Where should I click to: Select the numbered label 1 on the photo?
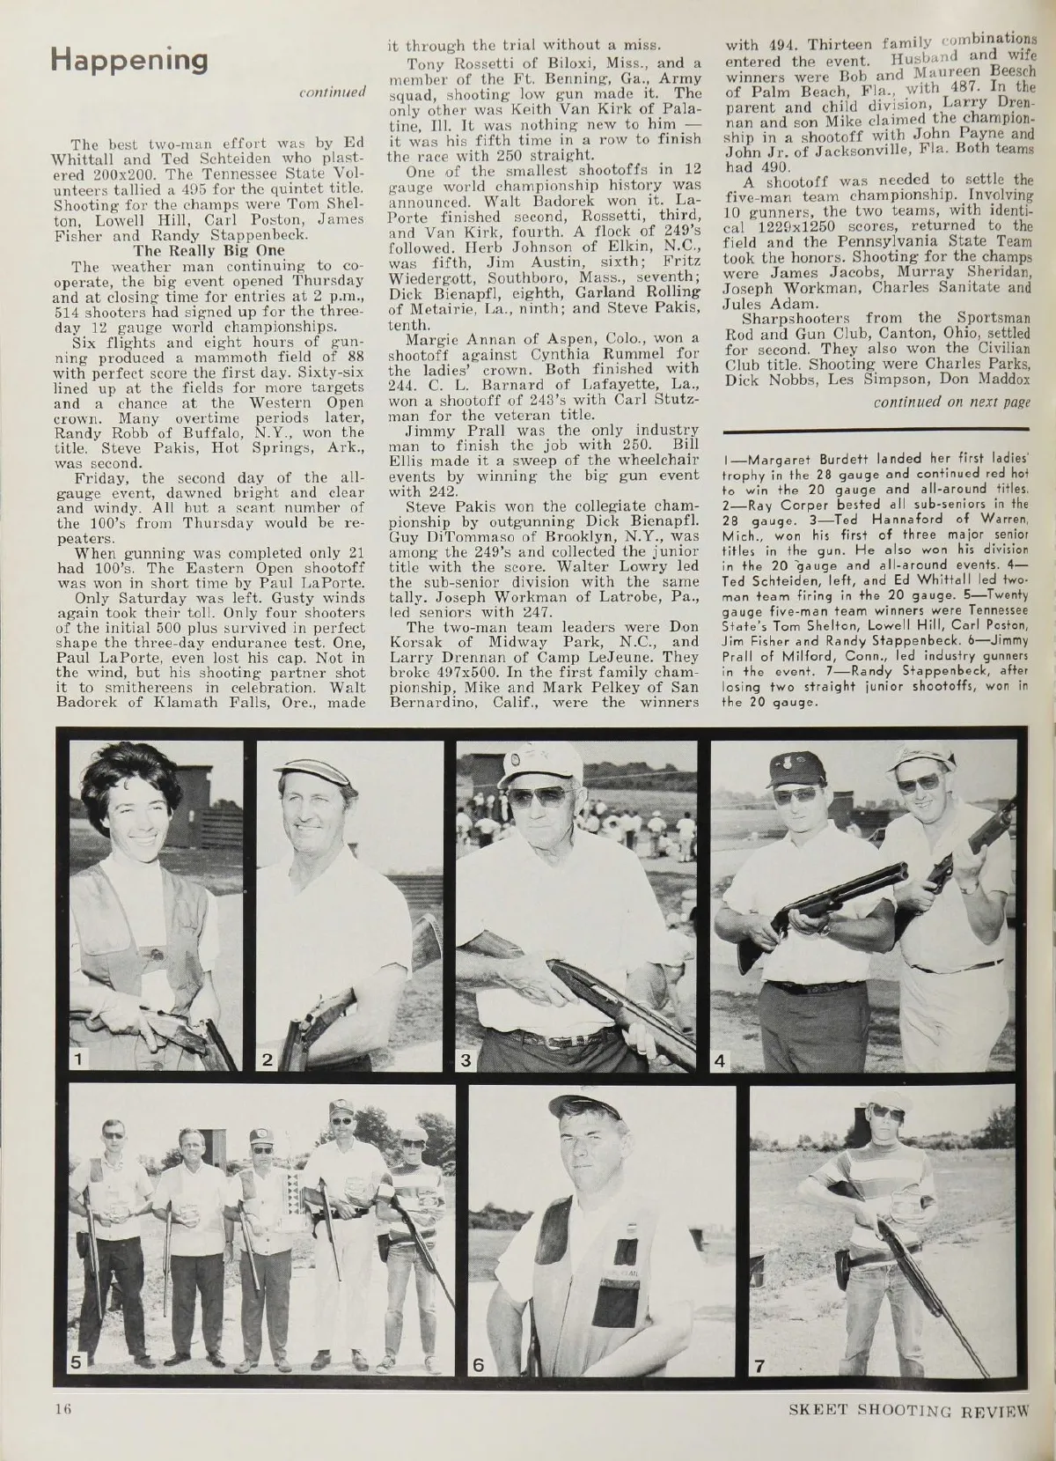click(x=80, y=1060)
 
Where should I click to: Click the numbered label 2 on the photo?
click(x=268, y=1060)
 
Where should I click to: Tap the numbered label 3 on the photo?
click(x=468, y=1060)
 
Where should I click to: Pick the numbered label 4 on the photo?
click(x=722, y=1060)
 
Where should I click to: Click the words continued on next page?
click(x=950, y=402)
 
